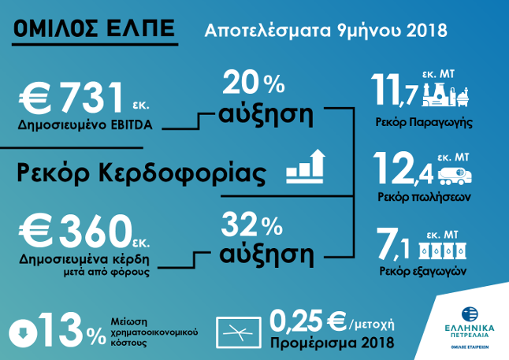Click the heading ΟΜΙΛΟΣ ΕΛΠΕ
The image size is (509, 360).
click(95, 28)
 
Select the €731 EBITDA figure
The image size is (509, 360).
click(71, 97)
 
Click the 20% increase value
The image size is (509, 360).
click(254, 84)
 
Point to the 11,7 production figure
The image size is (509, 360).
click(394, 90)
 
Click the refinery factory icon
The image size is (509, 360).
click(446, 95)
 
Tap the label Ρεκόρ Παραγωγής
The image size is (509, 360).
click(424, 123)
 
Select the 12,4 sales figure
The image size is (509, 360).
click(403, 169)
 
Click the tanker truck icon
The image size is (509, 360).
click(455, 176)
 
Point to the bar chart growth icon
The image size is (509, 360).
click(305, 166)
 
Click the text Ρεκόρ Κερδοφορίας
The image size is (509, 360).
click(141, 173)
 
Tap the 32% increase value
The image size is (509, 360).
click(252, 225)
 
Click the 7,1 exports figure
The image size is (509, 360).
click(392, 243)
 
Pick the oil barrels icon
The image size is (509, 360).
click(443, 250)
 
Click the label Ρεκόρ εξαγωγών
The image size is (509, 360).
click(422, 271)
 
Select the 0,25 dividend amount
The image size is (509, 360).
click(296, 321)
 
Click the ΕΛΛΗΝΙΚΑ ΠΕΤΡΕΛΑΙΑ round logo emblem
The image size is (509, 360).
click(470, 314)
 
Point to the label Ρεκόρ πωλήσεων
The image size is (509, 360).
click(424, 197)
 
